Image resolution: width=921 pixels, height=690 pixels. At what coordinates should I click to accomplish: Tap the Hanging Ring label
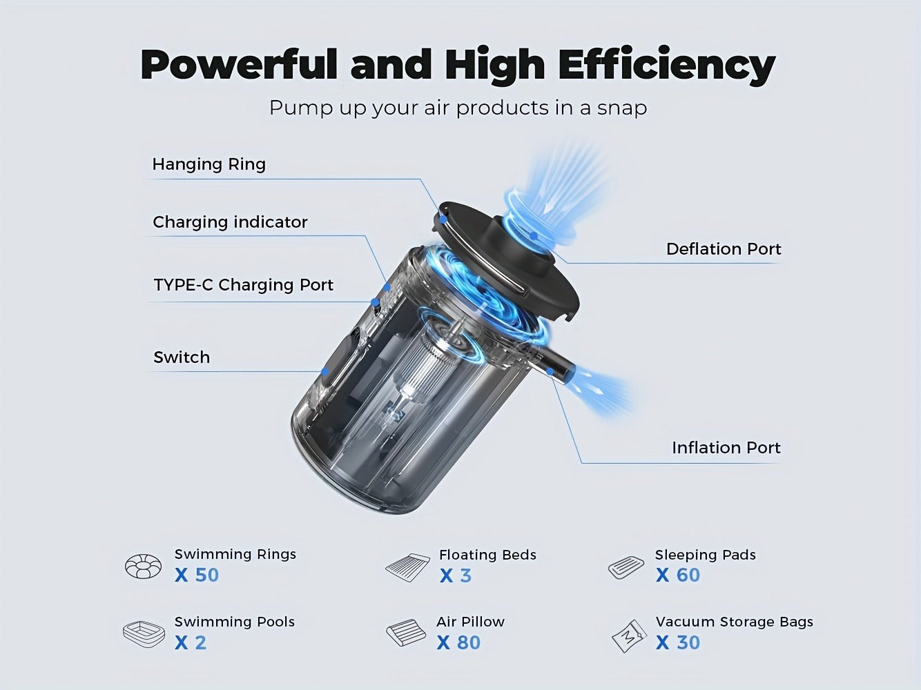pyautogui.click(x=209, y=164)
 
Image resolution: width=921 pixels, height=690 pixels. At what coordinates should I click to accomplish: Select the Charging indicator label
pyautogui.click(x=230, y=221)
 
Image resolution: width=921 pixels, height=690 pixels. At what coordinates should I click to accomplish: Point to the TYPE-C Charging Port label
pyautogui.click(x=243, y=285)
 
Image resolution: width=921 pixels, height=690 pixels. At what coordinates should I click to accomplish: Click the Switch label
pyautogui.click(x=182, y=357)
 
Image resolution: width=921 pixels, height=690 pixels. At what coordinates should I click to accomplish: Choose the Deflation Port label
pyautogui.click(x=724, y=249)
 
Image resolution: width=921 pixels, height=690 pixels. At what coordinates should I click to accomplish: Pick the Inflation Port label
pyautogui.click(x=726, y=448)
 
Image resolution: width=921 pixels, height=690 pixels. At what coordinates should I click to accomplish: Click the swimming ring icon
pyautogui.click(x=143, y=566)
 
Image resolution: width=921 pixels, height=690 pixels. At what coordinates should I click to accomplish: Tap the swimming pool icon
pyautogui.click(x=144, y=635)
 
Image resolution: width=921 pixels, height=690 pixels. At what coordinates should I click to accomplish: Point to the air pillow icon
pyautogui.click(x=405, y=632)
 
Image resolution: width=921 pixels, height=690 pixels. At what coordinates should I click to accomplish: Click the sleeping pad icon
pyautogui.click(x=626, y=568)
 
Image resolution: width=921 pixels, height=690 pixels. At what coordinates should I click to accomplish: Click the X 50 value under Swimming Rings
pyautogui.click(x=196, y=575)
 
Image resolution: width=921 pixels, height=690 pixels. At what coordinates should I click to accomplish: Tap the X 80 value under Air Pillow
pyautogui.click(x=458, y=642)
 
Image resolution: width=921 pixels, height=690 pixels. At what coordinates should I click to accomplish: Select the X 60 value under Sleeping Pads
pyautogui.click(x=678, y=575)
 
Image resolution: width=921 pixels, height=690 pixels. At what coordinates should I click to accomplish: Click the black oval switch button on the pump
pyautogui.click(x=341, y=360)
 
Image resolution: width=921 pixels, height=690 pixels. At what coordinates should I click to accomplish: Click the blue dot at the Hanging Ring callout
pyautogui.click(x=443, y=219)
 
